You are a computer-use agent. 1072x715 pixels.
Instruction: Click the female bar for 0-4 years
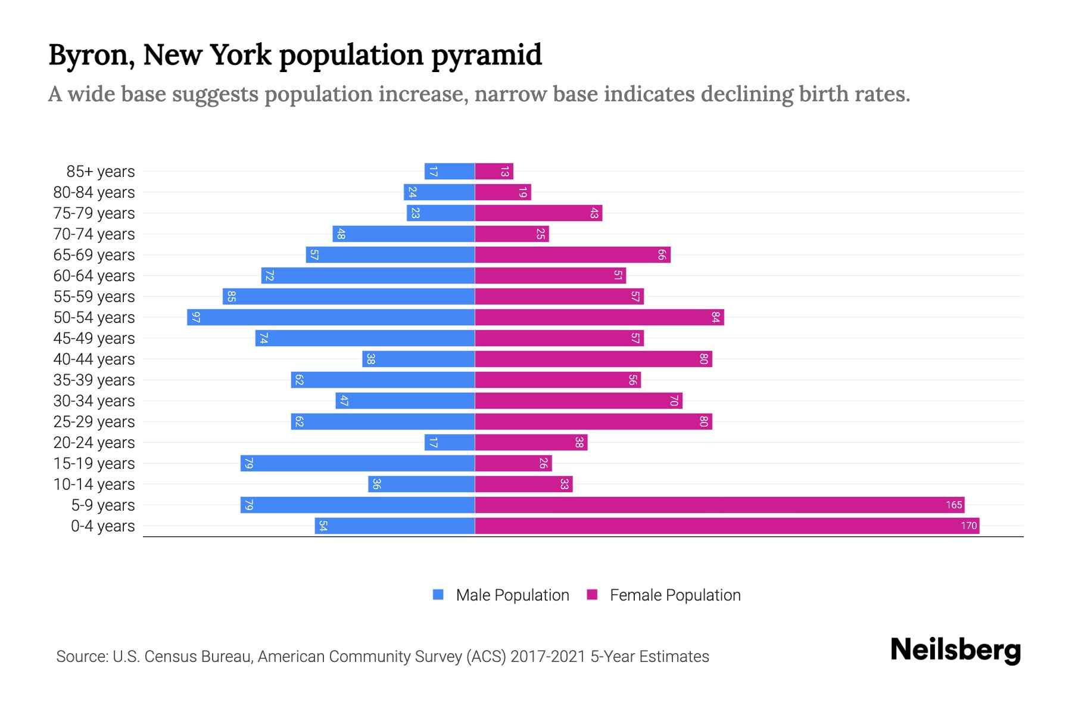[727, 526]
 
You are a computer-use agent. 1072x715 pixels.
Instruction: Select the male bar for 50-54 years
[331, 318]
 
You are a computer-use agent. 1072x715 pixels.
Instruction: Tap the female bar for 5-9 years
[719, 505]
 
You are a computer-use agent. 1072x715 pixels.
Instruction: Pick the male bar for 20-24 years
[450, 443]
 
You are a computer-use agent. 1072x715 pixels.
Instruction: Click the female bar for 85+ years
[494, 172]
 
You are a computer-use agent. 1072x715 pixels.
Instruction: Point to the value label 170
[968, 526]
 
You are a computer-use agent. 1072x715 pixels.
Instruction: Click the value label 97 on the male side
[195, 318]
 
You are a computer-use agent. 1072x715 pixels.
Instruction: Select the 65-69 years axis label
[94, 255]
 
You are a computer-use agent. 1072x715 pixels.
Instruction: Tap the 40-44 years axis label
[94, 359]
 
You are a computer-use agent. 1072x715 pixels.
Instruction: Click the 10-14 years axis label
[94, 484]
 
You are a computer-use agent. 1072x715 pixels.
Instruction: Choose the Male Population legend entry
[512, 595]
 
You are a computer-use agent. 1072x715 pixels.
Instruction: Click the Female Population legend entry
[675, 595]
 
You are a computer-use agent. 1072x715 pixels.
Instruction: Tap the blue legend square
[438, 595]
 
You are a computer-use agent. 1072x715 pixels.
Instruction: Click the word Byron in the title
[90, 55]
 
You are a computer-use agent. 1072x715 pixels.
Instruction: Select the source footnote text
[382, 657]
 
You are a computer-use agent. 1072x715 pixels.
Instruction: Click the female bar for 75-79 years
[538, 213]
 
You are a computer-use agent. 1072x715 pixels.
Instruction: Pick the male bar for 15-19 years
[357, 464]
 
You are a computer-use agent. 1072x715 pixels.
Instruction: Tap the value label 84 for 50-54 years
[715, 318]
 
